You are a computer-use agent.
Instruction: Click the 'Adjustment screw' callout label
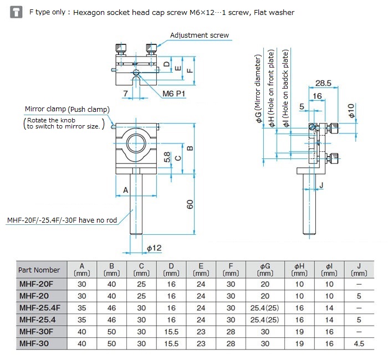tap(199, 35)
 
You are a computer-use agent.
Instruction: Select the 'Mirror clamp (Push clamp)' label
tap(67, 109)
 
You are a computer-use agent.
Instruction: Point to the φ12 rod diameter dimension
tap(154, 248)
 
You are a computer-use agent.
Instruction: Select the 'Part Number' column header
tap(39, 270)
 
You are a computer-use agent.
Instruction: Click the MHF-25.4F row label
tap(41, 307)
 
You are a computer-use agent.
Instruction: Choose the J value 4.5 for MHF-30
tap(359, 343)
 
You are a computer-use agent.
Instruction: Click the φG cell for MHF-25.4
tap(265, 320)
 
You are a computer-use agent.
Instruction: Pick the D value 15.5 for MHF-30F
tap(171, 332)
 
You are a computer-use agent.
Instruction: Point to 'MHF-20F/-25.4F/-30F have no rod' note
tap(62, 220)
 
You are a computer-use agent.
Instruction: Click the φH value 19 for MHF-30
tap(299, 343)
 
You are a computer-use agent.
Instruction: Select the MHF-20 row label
tap(37, 296)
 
